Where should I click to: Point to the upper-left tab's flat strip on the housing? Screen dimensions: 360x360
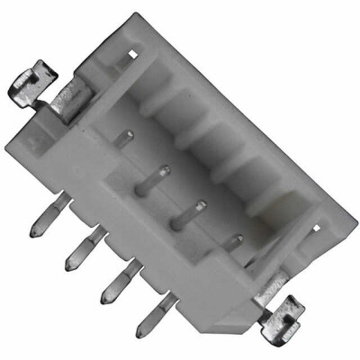point(69,96)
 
